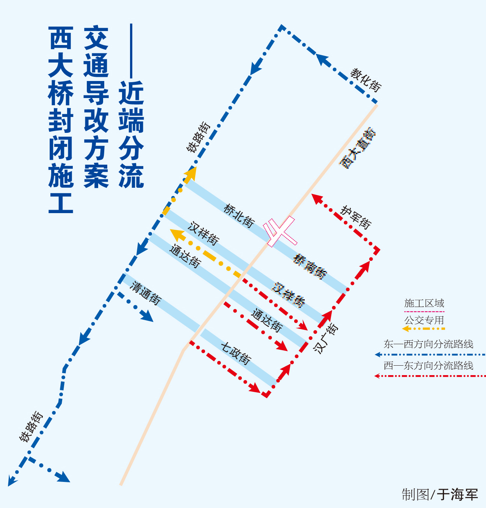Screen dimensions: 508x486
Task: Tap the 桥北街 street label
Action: coord(238,216)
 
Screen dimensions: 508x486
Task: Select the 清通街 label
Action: coord(146,293)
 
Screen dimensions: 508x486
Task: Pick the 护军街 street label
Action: coord(356,217)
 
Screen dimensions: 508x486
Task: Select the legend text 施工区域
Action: coord(424,303)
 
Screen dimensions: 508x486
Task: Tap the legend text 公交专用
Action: coord(424,320)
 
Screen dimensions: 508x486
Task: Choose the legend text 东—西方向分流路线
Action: coord(428,344)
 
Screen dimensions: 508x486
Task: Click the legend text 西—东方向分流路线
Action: coord(428,365)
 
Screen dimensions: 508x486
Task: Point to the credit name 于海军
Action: coord(457,494)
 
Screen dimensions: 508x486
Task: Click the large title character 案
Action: coord(96,176)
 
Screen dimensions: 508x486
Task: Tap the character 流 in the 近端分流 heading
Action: coord(131,176)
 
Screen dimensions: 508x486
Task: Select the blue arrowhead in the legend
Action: coord(378,355)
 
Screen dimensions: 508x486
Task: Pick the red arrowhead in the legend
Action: coord(378,376)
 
